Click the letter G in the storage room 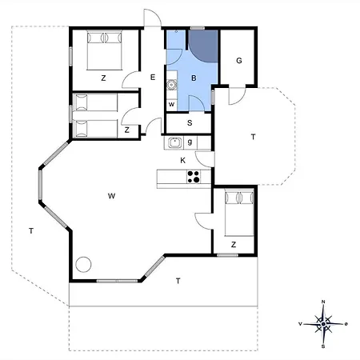coord(239,61)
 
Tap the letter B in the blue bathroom coord(194,78)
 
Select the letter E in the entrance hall coord(153,78)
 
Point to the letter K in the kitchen coord(183,160)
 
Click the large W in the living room coord(111,196)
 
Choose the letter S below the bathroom coord(190,123)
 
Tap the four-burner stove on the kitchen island coord(194,177)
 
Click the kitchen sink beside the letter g coord(175,142)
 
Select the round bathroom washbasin coord(171,85)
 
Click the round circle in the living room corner coord(83,264)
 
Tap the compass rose coord(323,324)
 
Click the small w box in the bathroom coord(171,104)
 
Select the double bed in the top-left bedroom coord(105,50)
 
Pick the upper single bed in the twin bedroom coord(95,102)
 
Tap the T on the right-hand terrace coord(253,137)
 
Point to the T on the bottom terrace coord(178,281)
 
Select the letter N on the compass coord(323,302)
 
